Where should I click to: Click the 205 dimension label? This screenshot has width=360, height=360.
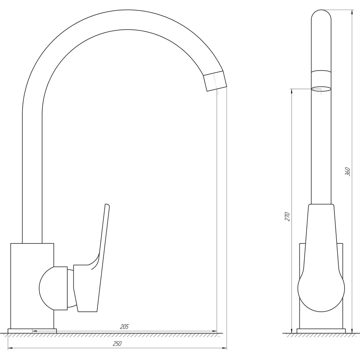coord(125,327)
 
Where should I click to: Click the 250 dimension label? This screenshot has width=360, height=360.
coord(117,344)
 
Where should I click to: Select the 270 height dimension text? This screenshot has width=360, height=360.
coord(287,217)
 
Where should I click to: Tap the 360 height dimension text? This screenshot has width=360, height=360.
coord(348,172)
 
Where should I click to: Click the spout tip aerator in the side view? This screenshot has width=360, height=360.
coord(215,81)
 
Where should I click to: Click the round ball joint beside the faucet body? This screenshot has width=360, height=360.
coord(53,289)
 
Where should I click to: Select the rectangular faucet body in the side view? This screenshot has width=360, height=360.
coord(32,286)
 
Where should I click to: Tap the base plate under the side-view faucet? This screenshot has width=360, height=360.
coord(32,331)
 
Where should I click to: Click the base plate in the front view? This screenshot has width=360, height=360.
coord(321,331)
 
